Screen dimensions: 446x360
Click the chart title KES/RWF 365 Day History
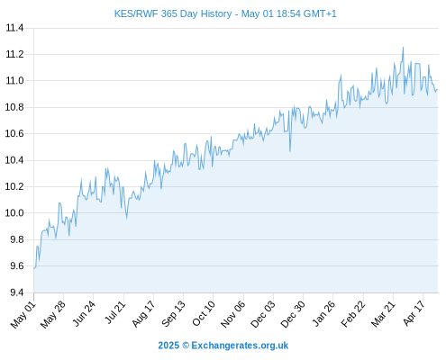[173, 13]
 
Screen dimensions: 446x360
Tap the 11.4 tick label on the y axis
[14, 28]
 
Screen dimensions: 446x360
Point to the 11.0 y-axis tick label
[14, 81]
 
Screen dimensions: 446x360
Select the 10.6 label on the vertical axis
[14, 133]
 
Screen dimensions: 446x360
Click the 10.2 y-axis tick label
[14, 186]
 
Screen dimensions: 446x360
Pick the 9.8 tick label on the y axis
[17, 239]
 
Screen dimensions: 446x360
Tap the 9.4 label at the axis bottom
[17, 292]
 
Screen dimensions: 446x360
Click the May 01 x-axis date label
[23, 315]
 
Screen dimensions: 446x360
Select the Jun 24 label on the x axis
[84, 314]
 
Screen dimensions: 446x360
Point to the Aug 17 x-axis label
[143, 314]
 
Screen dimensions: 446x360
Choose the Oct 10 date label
[204, 314]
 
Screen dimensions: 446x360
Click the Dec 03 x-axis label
[262, 314]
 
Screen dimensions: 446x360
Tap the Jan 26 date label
[323, 314]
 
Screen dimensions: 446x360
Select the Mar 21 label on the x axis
[383, 314]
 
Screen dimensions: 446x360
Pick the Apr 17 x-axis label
[414, 313]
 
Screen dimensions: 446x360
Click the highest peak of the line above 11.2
[403, 48]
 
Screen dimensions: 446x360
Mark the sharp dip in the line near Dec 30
[290, 151]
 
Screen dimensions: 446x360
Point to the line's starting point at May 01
[34, 268]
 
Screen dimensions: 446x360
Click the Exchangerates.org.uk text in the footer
[240, 346]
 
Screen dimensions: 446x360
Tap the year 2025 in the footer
[168, 346]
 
